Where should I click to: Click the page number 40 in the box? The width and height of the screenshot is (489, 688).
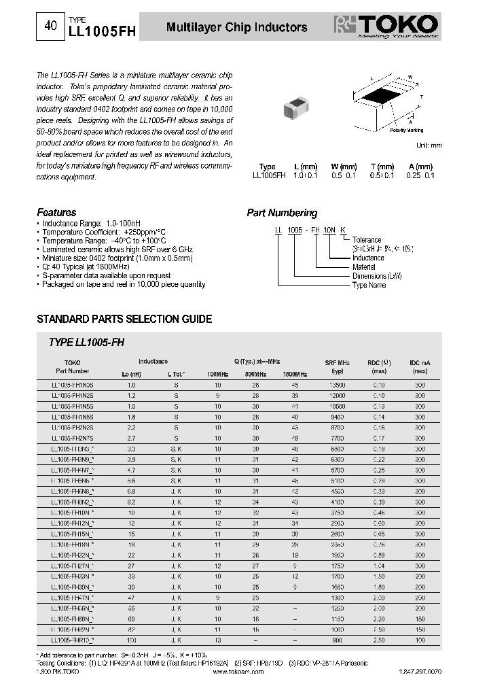point(50,27)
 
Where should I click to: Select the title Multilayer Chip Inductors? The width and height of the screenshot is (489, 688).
point(236,27)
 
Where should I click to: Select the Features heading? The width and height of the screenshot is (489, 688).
point(56,212)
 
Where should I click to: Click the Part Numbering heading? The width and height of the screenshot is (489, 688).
point(282,213)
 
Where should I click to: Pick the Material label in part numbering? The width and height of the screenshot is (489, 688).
point(364,267)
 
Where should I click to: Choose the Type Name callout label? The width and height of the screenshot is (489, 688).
point(369,285)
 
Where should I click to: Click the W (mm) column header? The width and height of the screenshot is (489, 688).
point(344,167)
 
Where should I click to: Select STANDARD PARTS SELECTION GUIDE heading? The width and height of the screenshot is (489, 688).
point(124,319)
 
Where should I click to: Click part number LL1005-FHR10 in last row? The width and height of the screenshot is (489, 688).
point(72,640)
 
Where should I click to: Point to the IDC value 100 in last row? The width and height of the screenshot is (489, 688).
point(420,640)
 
